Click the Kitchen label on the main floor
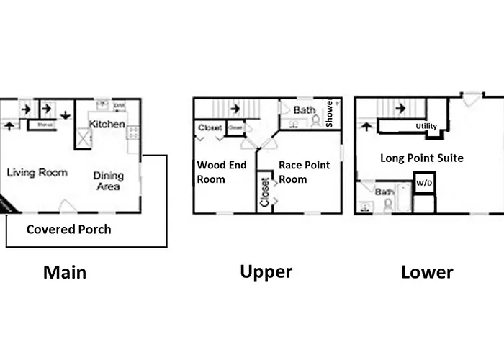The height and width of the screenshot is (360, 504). click(107, 125)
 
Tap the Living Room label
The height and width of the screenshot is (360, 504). click(37, 173)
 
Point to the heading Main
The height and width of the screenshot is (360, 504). click(65, 272)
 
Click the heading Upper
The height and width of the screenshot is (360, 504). click(266, 271)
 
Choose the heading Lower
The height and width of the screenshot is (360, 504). click(427, 272)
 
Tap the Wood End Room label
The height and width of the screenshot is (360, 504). click(222, 172)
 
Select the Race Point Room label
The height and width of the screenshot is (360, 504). click(304, 172)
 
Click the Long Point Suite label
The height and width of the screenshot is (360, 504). click(422, 158)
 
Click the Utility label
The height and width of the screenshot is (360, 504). click(426, 127)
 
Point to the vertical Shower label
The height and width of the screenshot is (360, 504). click(329, 114)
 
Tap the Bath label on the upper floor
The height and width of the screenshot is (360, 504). click(303, 110)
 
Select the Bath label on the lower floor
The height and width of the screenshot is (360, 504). click(384, 192)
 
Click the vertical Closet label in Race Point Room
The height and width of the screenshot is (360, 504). click(265, 192)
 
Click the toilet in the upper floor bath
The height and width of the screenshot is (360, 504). click(315, 122)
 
